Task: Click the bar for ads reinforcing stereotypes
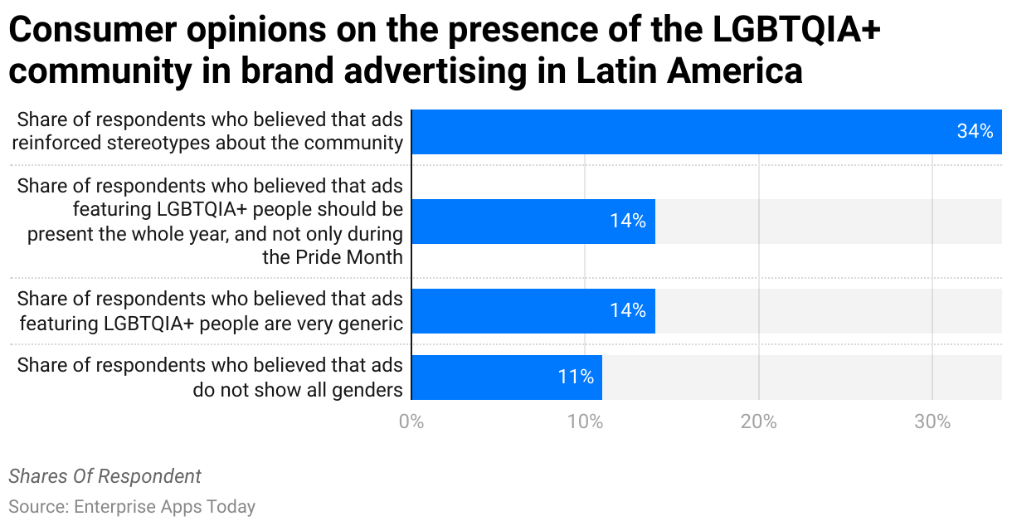click(705, 132)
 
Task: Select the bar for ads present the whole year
click(533, 222)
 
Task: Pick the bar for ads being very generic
click(533, 311)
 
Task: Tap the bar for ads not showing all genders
click(506, 377)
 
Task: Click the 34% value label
click(975, 132)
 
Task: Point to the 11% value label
click(576, 377)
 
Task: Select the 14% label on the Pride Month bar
click(628, 222)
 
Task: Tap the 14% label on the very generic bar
click(628, 311)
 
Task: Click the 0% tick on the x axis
click(411, 421)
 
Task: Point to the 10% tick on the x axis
click(585, 421)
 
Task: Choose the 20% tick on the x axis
click(758, 421)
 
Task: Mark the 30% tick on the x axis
click(932, 421)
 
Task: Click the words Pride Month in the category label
click(333, 257)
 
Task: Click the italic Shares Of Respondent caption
click(105, 476)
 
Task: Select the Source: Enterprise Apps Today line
click(132, 506)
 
